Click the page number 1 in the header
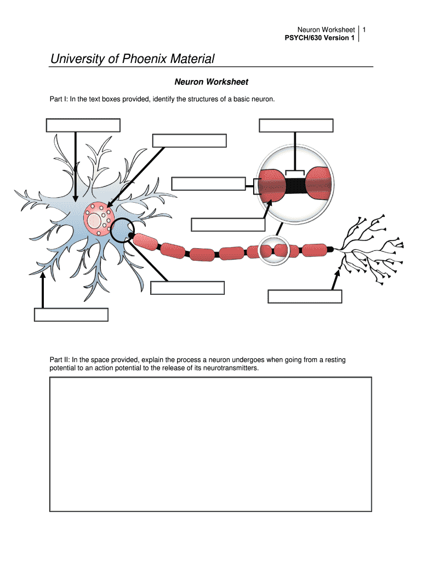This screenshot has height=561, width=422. point(364,29)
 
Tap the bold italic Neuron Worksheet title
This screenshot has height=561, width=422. point(211,82)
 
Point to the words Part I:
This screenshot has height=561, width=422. point(59,99)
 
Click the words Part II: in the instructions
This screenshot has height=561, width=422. point(60,360)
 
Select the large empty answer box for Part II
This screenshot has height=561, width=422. point(210,444)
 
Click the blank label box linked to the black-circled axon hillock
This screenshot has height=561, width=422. point(187,288)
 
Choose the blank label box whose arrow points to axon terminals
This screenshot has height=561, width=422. point(305,296)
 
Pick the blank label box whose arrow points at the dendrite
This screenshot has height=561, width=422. point(71,314)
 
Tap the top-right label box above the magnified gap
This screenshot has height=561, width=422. point(296,125)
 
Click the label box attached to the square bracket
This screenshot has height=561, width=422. point(208,184)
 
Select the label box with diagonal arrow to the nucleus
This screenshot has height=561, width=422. point(189,140)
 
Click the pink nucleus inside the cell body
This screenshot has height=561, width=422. point(98,217)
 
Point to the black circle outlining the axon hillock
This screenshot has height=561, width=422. point(122,231)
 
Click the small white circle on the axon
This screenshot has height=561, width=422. point(273,250)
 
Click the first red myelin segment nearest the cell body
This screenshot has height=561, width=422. point(145,241)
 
